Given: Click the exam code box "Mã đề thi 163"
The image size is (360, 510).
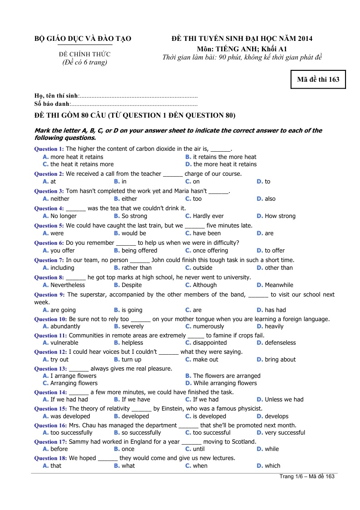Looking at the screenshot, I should pos(318,79).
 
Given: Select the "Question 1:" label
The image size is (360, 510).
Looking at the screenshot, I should pos(49,149).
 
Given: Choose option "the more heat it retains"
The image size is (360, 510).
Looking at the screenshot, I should pos(225,164).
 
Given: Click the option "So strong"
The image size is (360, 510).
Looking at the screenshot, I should pos(134,216).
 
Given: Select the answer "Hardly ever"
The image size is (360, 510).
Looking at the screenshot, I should pos(208,216).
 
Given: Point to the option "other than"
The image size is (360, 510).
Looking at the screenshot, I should pos(279,268).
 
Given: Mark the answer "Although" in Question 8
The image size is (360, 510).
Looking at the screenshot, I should pos(205,285).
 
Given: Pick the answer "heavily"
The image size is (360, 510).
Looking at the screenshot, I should pos(274,327).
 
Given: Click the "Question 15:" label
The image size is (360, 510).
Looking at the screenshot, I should pos(50,409).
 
